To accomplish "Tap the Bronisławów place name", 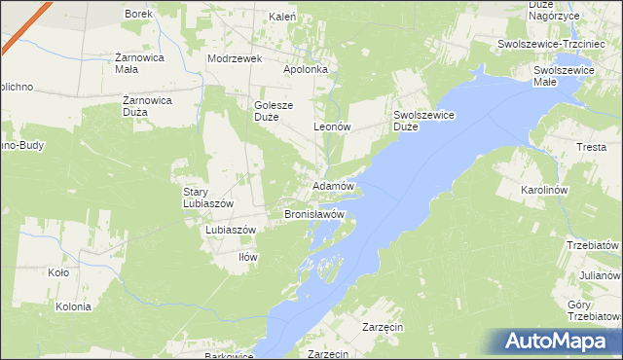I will pyautogui.click(x=314, y=213).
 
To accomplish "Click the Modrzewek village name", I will pyautogui.click(x=235, y=58).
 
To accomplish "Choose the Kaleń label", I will pyautogui.click(x=281, y=17).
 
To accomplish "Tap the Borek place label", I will pyautogui.click(x=137, y=15).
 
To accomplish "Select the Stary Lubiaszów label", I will pyautogui.click(x=202, y=198).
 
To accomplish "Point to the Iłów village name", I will pyautogui.click(x=248, y=257).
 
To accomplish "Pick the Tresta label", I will pyautogui.click(x=591, y=147).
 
